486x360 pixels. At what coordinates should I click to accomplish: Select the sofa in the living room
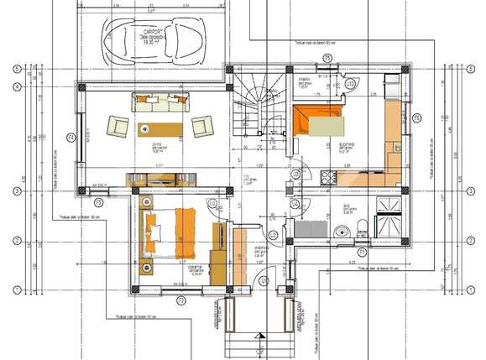[x=159, y=102]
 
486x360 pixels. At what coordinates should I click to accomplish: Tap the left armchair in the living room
[x=118, y=127]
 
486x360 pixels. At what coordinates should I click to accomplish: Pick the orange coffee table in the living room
[x=159, y=127]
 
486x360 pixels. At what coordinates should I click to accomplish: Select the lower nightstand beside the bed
[x=147, y=268]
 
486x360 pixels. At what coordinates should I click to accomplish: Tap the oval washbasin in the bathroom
[x=341, y=232]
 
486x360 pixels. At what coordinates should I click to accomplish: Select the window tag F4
[x=71, y=137]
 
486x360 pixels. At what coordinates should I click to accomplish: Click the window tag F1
[x=362, y=251]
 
